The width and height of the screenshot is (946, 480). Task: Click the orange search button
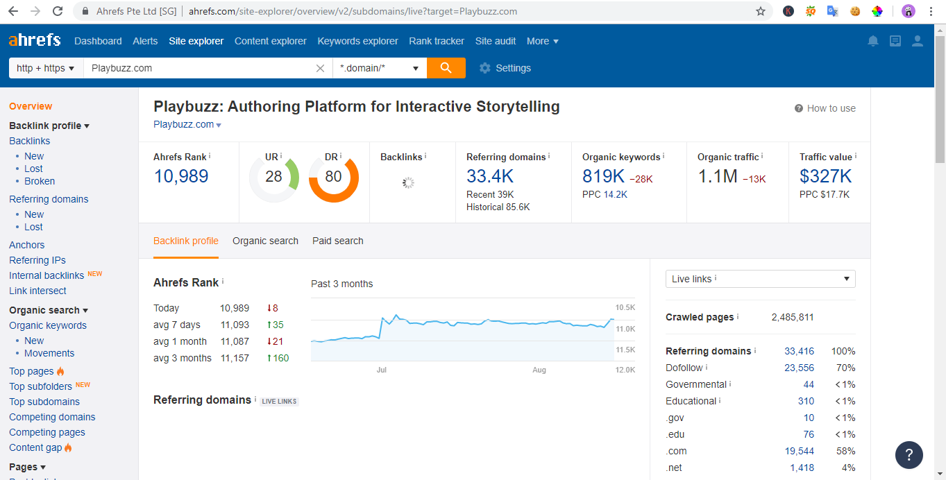tap(446, 68)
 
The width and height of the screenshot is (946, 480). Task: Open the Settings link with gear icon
tap(505, 68)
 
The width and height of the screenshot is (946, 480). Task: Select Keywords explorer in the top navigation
tap(357, 41)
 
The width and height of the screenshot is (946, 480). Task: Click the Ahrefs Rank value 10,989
tap(181, 176)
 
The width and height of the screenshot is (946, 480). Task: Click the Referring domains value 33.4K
tap(490, 176)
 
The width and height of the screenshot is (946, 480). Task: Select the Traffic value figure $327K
tap(826, 176)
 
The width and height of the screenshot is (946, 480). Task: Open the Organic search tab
tap(265, 241)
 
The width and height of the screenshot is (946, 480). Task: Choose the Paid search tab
tap(338, 241)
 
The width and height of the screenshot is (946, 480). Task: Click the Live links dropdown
tap(760, 279)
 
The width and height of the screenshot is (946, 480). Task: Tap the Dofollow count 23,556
tap(799, 368)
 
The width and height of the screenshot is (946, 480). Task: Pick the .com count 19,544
tap(799, 451)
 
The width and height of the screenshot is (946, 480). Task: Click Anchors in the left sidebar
tap(27, 245)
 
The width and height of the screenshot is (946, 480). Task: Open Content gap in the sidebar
tap(35, 447)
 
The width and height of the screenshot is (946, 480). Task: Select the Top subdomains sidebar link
tap(44, 402)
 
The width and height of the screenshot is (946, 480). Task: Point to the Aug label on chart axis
tap(539, 370)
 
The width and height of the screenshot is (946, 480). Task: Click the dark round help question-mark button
tap(909, 455)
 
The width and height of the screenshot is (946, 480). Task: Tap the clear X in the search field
tap(320, 68)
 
